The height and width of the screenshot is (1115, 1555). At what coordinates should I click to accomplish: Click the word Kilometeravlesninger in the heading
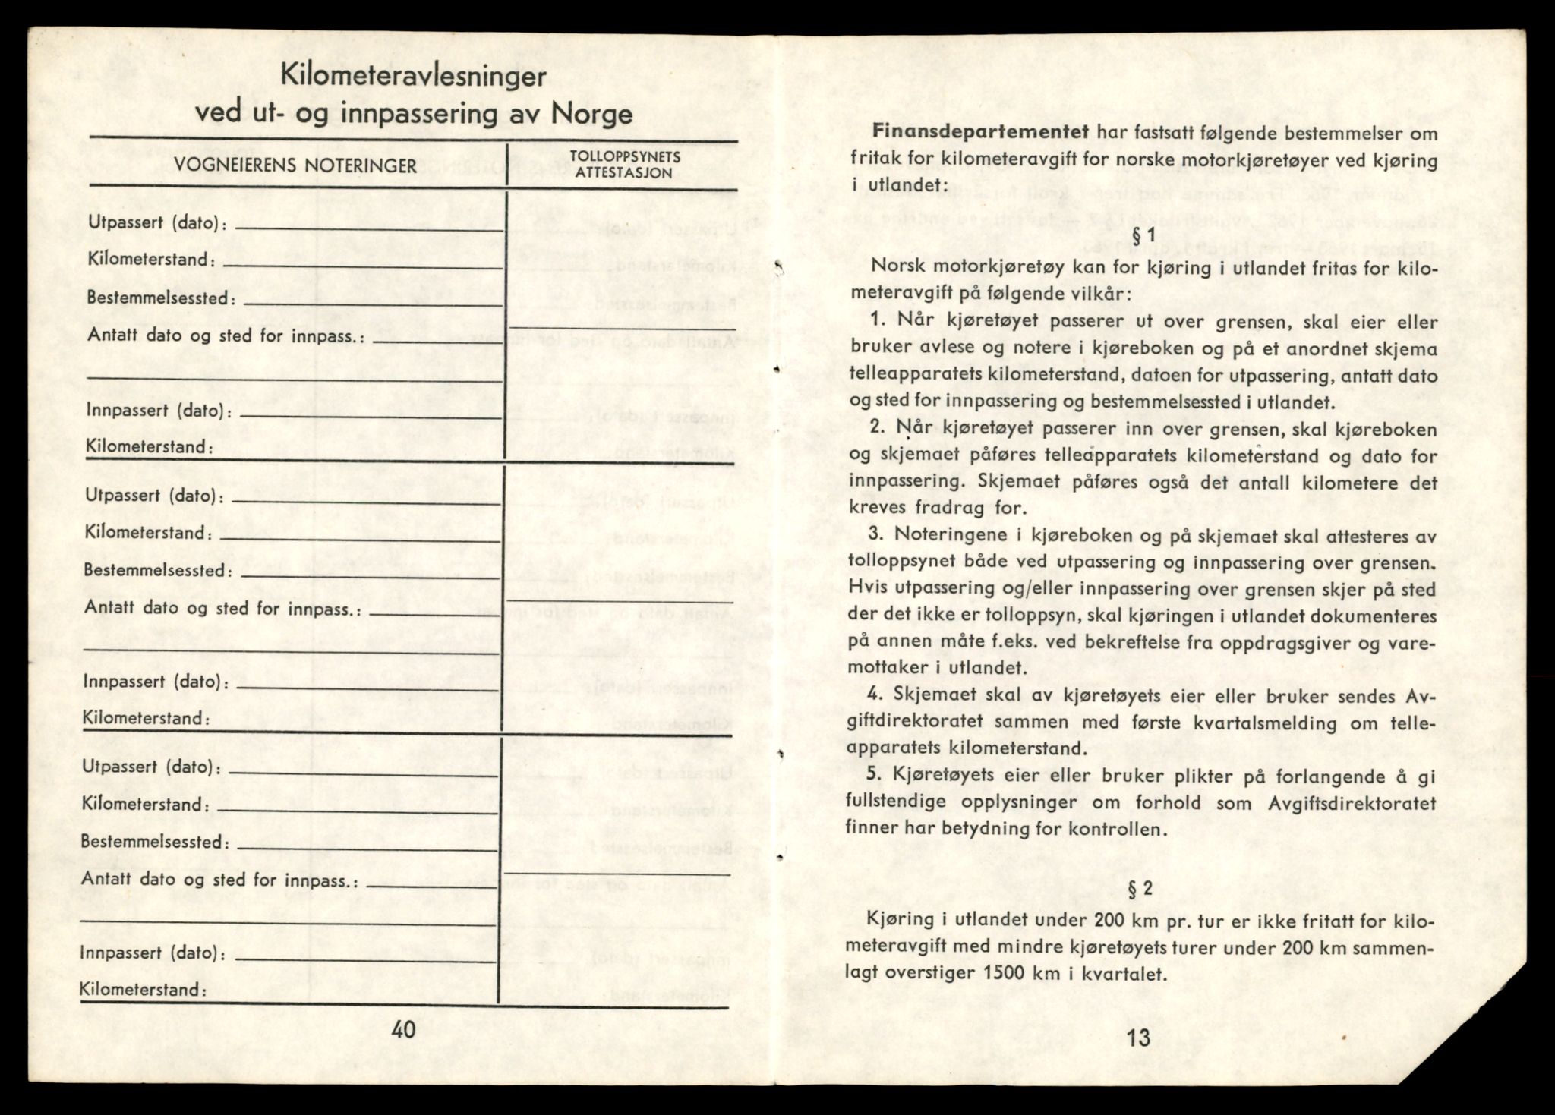pos(413,77)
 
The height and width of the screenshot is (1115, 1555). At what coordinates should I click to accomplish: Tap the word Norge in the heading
pos(592,114)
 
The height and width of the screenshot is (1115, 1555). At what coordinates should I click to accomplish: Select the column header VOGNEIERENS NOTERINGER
pos(295,166)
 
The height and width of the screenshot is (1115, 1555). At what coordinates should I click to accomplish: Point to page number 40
pos(404,1029)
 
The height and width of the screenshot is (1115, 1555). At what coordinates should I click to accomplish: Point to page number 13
pos(1139,1038)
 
